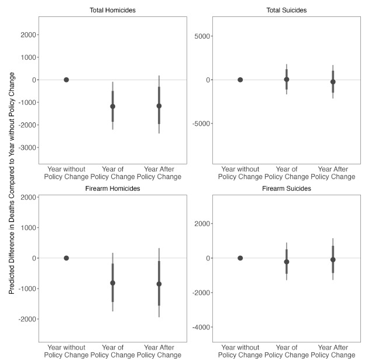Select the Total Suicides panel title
(286, 11)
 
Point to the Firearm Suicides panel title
(286, 188)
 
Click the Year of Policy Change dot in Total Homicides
(112, 107)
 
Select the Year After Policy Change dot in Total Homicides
(159, 106)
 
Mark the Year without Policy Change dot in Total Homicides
(66, 80)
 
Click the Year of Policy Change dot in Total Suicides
(287, 79)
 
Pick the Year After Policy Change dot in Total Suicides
(333, 82)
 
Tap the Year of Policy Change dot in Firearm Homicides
(112, 283)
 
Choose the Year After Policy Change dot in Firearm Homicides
(159, 284)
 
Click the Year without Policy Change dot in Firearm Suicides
(240, 258)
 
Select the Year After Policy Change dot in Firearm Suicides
(333, 259)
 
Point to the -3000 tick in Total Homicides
(26, 148)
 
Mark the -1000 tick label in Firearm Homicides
(26, 289)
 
